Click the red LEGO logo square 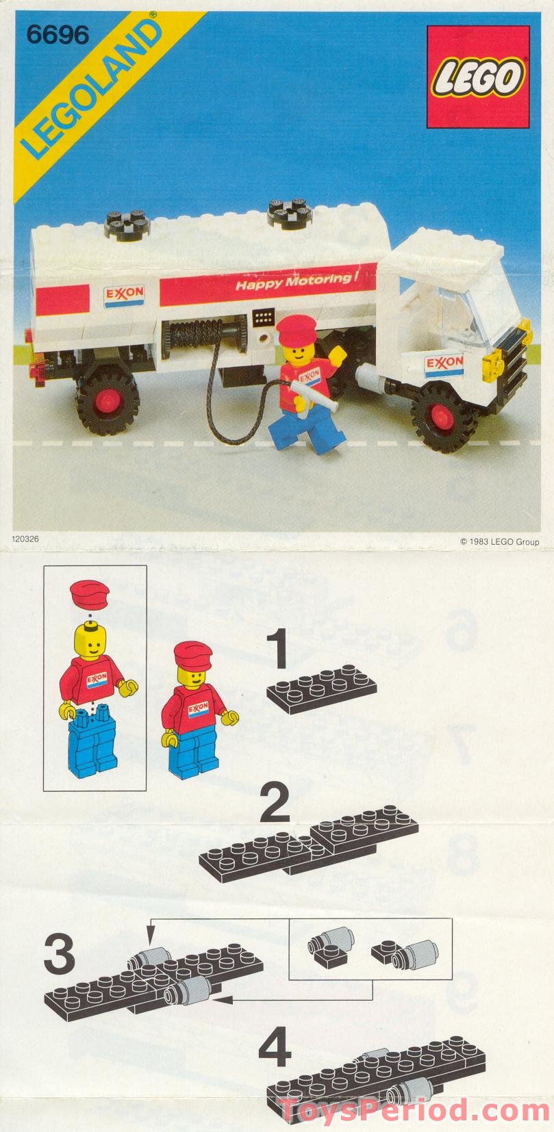[x=478, y=77]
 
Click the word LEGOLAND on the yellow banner [x=95, y=94]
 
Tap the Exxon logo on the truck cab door [x=444, y=363]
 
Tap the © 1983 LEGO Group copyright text [x=499, y=542]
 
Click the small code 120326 [x=25, y=539]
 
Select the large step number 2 [x=275, y=804]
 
